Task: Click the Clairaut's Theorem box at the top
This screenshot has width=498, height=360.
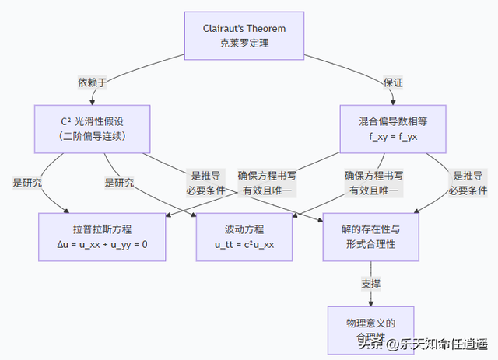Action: (244, 36)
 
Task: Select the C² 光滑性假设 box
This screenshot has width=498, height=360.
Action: (93, 129)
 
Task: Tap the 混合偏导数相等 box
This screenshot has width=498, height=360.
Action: (393, 129)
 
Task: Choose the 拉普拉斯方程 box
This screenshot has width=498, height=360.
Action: (102, 236)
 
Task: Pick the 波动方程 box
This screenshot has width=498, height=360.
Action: (244, 236)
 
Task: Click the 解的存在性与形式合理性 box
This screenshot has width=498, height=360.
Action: (370, 236)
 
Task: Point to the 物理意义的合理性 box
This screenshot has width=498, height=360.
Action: (371, 327)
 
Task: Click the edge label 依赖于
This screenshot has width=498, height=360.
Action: (93, 82)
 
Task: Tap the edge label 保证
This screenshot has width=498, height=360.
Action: (393, 82)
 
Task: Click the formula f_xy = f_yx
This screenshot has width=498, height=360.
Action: (393, 137)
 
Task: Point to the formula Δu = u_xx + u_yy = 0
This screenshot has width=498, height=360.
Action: (102, 244)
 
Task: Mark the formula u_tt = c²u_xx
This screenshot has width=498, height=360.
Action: (244, 244)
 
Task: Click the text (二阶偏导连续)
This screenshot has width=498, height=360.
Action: (93, 137)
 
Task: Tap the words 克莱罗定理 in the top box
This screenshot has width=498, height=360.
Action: (244, 44)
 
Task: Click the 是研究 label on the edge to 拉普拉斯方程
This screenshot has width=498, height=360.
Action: (27, 183)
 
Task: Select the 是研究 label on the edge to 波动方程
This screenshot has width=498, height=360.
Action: (119, 183)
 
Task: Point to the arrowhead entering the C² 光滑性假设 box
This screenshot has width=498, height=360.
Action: (93, 102)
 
